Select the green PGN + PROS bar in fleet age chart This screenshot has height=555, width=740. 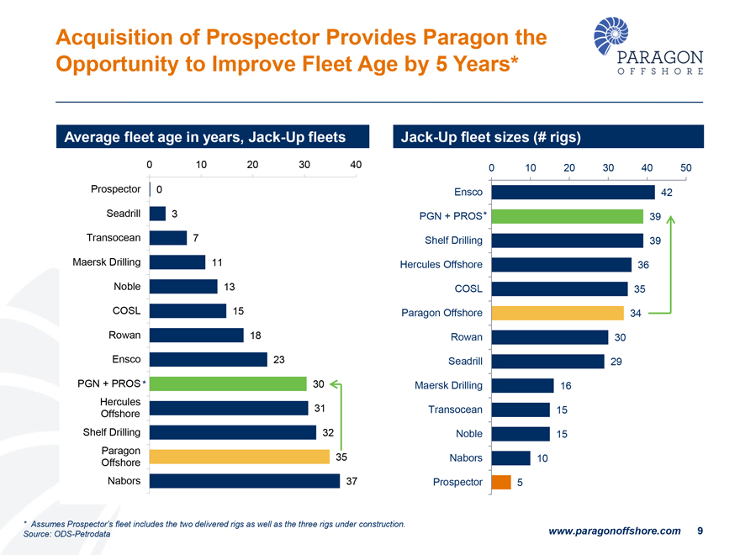pos(228,384)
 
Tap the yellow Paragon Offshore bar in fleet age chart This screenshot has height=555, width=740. pos(240,457)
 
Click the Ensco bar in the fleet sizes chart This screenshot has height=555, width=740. pos(573,193)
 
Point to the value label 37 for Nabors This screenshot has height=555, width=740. pos(353,481)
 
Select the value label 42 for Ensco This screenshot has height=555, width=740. pos(667,193)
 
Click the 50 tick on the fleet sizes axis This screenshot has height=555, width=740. pos(686,167)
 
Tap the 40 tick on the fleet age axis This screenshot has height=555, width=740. pos(356,164)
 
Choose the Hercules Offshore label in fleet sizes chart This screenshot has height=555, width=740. pos(441,265)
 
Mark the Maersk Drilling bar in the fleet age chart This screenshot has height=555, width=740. pos(177,262)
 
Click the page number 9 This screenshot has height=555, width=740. pos(700,531)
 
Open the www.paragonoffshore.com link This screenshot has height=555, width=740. pos(614,531)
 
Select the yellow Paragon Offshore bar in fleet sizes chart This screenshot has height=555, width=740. pos(558,313)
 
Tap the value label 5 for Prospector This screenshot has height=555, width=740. pos(520,483)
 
